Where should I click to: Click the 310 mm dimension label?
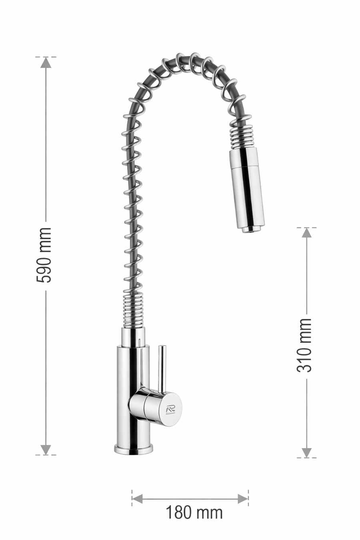304,345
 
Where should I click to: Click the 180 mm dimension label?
194,512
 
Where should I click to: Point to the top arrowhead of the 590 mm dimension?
46,62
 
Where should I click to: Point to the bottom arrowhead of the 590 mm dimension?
46,449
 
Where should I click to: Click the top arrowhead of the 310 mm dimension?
306,232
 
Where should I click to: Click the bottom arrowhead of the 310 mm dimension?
306,452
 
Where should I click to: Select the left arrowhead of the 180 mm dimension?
137,498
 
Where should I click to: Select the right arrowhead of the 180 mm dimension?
243,498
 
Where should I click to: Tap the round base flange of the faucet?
134,449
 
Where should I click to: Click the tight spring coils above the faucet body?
133,310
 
